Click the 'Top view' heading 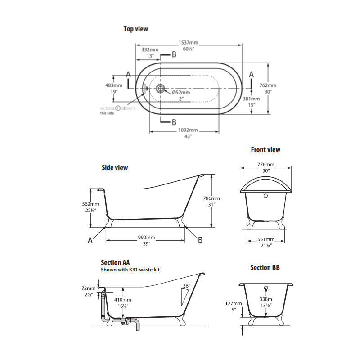click(x=135, y=29)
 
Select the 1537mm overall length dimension click(x=189, y=43)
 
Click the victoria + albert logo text click(x=117, y=108)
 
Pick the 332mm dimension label click(x=150, y=49)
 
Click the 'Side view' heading click(x=115, y=167)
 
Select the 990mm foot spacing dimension click(x=146, y=237)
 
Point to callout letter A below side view click(x=90, y=240)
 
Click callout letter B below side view click(x=200, y=240)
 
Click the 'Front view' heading click(x=265, y=149)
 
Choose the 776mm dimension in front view click(x=265, y=165)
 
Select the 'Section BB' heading click(x=265, y=267)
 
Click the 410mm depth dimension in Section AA click(x=122, y=299)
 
